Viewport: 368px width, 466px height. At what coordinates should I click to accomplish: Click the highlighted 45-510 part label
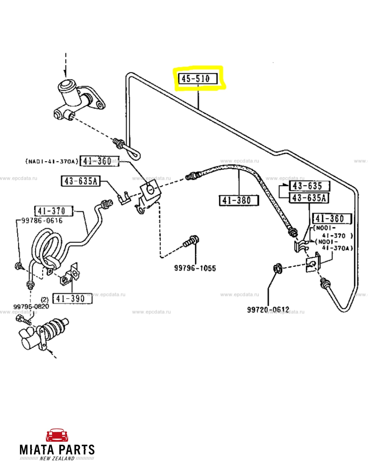(x=198, y=78)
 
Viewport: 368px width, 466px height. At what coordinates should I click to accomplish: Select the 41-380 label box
(x=239, y=200)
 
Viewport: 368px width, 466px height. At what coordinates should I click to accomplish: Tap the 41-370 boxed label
(x=53, y=211)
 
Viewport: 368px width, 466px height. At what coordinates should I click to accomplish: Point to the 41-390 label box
(x=72, y=298)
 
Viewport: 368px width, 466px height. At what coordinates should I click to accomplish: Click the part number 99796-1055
(x=195, y=268)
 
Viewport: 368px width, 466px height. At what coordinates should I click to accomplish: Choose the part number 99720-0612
(x=268, y=310)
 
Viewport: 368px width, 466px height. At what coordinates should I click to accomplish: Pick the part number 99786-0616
(x=42, y=221)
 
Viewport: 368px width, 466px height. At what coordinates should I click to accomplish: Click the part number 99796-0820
(x=31, y=307)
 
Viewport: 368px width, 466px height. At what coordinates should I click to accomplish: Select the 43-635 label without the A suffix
(x=309, y=186)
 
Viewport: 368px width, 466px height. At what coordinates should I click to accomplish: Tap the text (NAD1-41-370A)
(x=51, y=161)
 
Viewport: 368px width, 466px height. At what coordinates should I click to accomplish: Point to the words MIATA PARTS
(x=57, y=450)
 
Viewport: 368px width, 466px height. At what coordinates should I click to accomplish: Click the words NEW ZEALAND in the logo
(x=57, y=459)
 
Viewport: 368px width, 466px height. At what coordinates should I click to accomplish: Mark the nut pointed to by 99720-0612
(x=277, y=269)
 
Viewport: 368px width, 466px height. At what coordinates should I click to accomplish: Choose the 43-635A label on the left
(x=80, y=181)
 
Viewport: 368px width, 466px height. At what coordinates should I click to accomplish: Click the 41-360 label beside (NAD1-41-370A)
(x=99, y=161)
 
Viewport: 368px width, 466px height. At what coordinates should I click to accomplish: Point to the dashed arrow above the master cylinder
(x=66, y=65)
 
